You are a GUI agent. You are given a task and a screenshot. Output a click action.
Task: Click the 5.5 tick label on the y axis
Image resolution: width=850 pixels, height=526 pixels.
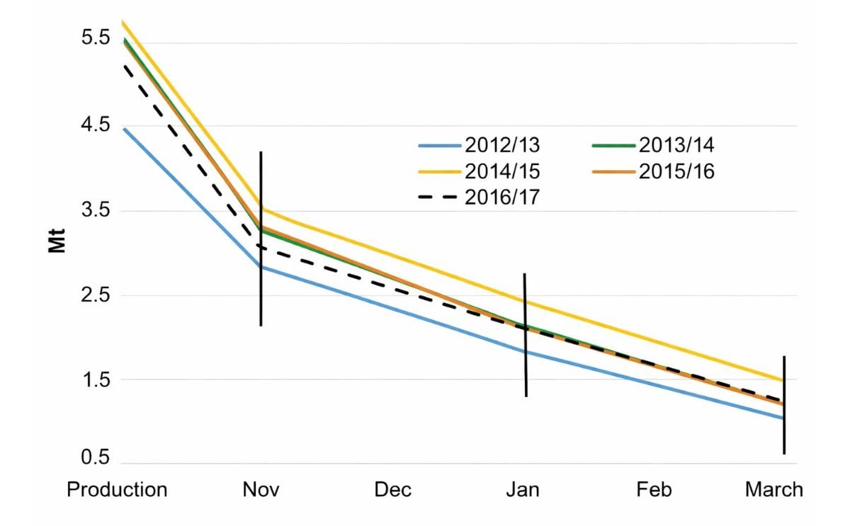click(x=96, y=39)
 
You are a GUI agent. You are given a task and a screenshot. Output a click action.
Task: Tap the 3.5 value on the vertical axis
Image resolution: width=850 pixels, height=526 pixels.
click(x=96, y=210)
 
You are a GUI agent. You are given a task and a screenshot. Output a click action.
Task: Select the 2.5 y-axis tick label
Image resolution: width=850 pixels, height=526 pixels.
click(x=96, y=295)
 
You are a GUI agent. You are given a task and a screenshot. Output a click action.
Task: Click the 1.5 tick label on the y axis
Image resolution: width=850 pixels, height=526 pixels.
click(x=96, y=379)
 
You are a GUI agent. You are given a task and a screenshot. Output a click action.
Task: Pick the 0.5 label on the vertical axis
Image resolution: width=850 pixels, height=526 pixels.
click(x=96, y=458)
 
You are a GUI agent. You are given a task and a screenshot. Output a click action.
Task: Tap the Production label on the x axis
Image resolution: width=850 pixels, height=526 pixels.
click(x=117, y=489)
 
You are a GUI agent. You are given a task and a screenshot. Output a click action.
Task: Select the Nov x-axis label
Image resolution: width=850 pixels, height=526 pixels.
click(x=261, y=489)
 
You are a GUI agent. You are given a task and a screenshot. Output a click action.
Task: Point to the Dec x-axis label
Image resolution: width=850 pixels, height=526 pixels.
click(x=392, y=489)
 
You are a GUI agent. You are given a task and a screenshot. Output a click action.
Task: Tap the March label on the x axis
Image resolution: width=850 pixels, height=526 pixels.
click(x=773, y=489)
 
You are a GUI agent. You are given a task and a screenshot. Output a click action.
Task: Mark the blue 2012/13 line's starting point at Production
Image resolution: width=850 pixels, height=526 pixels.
click(x=124, y=129)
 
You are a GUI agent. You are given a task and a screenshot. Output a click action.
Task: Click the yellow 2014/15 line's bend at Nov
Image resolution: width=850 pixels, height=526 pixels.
click(x=262, y=209)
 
